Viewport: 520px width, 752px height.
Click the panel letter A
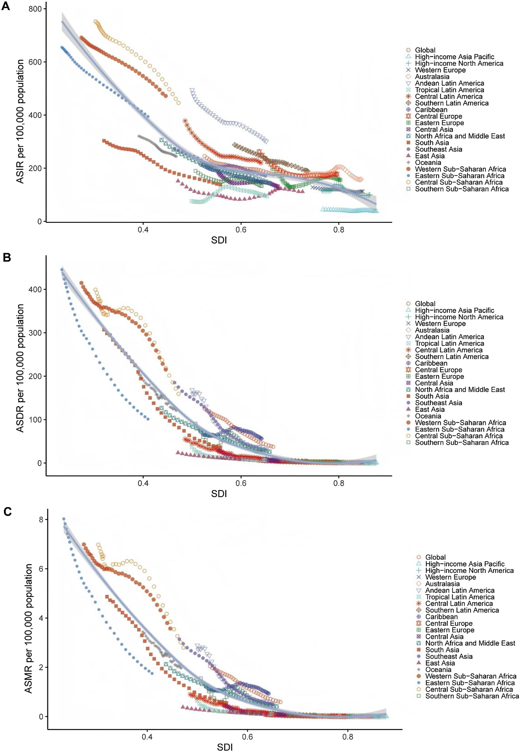click(6, 6)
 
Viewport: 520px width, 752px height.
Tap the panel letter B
click(6, 258)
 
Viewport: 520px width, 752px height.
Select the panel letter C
click(7, 511)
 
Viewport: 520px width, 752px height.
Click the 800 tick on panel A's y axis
click(35, 9)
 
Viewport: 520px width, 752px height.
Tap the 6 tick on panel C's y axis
click(41, 569)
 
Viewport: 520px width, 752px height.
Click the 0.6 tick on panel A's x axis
click(241, 230)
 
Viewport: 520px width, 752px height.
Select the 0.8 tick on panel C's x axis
click(348, 736)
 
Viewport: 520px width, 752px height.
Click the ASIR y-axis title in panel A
click(20, 121)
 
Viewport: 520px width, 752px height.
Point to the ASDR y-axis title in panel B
click(20, 368)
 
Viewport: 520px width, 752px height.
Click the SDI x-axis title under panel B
click(219, 493)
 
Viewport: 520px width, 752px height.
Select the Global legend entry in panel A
click(425, 50)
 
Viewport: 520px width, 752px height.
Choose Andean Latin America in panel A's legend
click(449, 83)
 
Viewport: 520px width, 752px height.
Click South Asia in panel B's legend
click(432, 396)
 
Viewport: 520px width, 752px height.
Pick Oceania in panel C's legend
click(438, 669)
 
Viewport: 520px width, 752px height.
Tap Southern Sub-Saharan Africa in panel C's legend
click(472, 696)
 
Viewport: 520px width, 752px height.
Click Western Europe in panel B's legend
click(440, 323)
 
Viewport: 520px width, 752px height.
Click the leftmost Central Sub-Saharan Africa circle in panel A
click(95, 22)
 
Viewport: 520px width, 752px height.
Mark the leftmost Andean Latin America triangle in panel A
click(192, 91)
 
